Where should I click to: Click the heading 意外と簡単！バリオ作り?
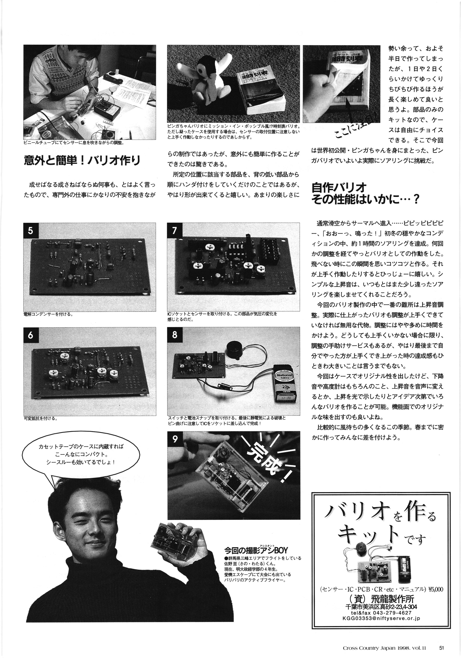click(x=82, y=160)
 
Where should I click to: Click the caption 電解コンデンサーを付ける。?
click(x=48, y=314)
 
